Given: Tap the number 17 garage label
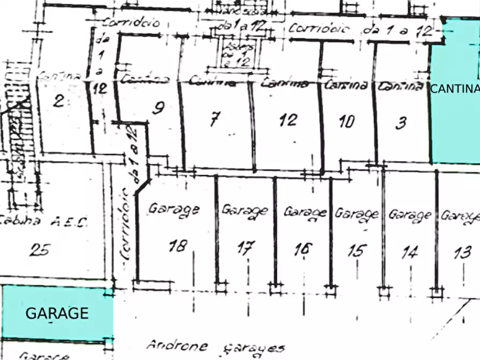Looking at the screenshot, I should click(x=246, y=248).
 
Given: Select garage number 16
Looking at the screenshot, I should click(x=303, y=249).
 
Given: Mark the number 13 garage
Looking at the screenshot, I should click(x=462, y=252).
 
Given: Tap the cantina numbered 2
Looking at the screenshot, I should click(x=59, y=100).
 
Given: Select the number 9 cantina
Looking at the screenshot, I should click(x=157, y=109).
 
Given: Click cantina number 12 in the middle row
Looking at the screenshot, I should click(x=288, y=119).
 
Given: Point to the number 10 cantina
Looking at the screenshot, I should click(x=347, y=121).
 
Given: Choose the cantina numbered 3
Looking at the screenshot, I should click(x=400, y=124).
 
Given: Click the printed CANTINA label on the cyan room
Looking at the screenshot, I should click(x=454, y=89).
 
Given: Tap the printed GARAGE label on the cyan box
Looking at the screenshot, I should click(x=56, y=313).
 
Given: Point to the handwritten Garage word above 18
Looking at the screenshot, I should click(x=174, y=209).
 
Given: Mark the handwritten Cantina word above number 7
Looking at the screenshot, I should click(x=212, y=83).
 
